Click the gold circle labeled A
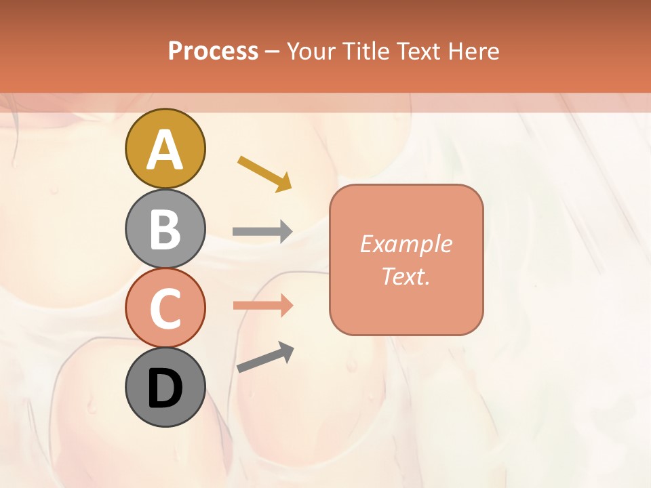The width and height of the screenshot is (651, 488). coord(165,148)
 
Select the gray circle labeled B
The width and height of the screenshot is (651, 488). coord(165,228)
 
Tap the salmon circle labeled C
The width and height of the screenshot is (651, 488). coord(165,308)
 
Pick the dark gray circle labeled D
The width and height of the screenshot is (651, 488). coord(165,387)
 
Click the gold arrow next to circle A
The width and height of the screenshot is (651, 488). coord(264,173)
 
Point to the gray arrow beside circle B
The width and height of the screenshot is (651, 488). coord(262,232)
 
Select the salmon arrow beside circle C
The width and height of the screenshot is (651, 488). coord(262,306)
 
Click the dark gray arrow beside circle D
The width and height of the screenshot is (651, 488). coord(265,358)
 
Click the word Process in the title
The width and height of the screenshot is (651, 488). coord(213,51)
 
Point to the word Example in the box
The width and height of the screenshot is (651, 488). coord(406,244)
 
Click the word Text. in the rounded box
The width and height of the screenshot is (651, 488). coord(406,276)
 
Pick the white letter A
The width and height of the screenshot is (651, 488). coord(165,149)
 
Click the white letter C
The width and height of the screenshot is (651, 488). coord(165,308)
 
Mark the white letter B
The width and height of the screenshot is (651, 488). coord(165,229)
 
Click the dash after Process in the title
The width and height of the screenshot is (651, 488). coord(272,52)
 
